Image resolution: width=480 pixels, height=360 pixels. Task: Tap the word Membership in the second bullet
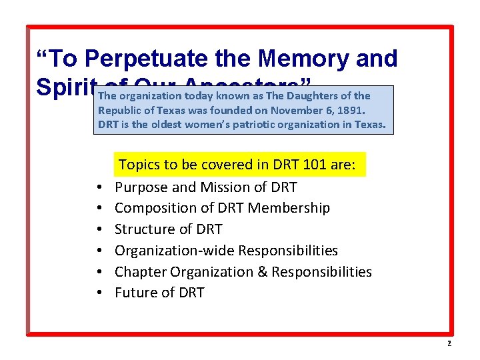point(289,208)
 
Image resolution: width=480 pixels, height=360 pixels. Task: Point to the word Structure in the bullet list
point(143,229)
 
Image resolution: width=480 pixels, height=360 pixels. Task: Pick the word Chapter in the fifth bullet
point(140,272)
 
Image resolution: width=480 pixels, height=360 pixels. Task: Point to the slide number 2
point(449,343)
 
